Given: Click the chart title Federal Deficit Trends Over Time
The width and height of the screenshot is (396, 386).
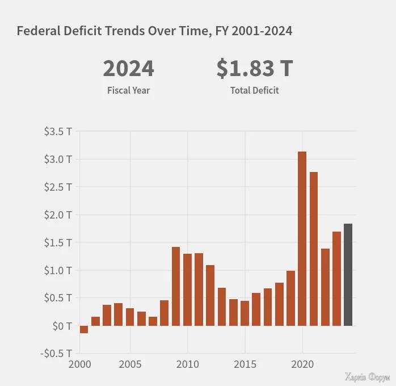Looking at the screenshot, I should (x=154, y=31).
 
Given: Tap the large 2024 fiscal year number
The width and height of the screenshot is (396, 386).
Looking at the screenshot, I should (x=128, y=69).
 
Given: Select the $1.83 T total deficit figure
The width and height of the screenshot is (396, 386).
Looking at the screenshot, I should (x=254, y=69).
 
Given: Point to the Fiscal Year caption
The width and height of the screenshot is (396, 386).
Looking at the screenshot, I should (x=128, y=90).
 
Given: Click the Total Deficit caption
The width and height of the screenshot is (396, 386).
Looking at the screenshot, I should (x=254, y=90).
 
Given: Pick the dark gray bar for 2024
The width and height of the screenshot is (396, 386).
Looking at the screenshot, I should (x=348, y=275).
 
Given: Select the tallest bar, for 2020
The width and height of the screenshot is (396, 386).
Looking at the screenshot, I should (x=302, y=238).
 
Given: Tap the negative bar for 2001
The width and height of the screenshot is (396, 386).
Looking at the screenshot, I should (x=84, y=329).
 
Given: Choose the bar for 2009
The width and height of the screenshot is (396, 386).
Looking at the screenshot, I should (x=176, y=286).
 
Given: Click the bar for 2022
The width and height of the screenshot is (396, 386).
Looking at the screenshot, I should (x=325, y=287).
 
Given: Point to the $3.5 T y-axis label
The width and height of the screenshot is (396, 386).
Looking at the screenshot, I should (x=58, y=132).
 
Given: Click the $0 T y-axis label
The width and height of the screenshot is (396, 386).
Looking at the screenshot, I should (x=62, y=326).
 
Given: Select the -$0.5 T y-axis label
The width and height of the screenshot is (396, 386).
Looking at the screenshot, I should (x=57, y=353).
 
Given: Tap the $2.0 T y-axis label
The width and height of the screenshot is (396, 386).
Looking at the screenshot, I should (x=58, y=215).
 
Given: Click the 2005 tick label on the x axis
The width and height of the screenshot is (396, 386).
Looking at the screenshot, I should (x=130, y=364).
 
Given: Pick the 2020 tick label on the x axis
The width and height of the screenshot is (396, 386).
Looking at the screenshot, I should (x=302, y=364).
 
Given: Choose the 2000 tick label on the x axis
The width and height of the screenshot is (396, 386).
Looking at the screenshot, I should (x=80, y=364).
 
